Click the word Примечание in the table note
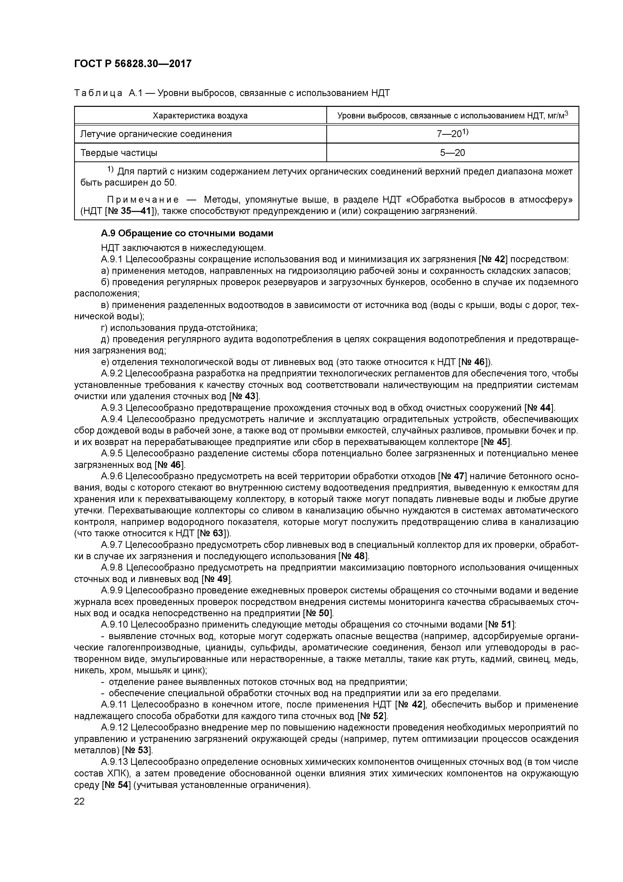pos(143,199)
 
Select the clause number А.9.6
pos(112,477)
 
